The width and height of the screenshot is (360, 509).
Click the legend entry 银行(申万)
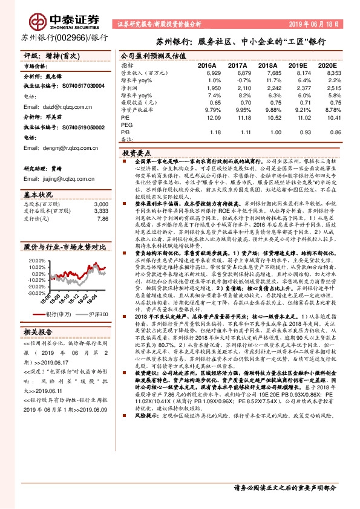point(59,314)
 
